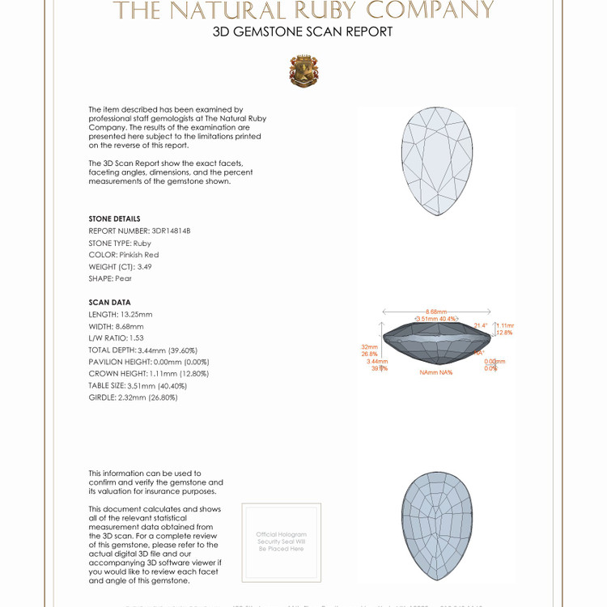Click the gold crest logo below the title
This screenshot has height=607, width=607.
click(x=303, y=71)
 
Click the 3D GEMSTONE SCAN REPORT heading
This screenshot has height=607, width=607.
click(x=303, y=32)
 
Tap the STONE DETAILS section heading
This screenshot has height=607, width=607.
click(x=114, y=219)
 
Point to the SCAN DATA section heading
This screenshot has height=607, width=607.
click(x=109, y=303)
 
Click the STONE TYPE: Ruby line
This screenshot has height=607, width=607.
click(x=120, y=243)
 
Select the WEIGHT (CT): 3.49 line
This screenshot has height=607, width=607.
click(x=120, y=266)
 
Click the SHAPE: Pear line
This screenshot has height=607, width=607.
click(x=110, y=278)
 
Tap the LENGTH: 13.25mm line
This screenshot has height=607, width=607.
click(x=121, y=314)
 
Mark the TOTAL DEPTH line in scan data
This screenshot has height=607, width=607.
click(x=143, y=350)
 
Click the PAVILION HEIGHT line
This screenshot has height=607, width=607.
click(x=149, y=362)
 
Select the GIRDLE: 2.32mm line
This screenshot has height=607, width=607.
click(x=133, y=397)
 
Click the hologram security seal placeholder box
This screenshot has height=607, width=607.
click(x=282, y=541)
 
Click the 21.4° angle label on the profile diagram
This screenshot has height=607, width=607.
click(x=481, y=325)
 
